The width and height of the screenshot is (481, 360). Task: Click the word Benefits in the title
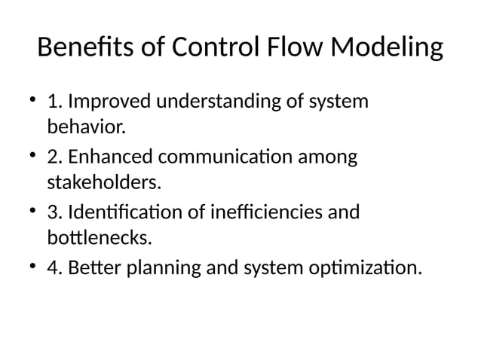pyautogui.click(x=83, y=49)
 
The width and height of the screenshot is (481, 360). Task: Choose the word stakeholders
pyautogui.click(x=105, y=182)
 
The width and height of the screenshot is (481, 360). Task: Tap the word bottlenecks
pyautogui.click(x=99, y=239)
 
